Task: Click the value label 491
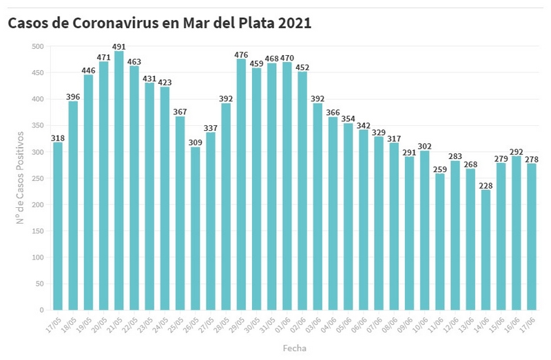tap(118, 47)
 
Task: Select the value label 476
tap(241, 54)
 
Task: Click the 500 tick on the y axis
tap(37, 47)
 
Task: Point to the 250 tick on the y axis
tap(37, 178)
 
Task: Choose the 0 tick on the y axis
tap(41, 310)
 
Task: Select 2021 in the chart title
tap(295, 23)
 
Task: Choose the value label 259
tap(439, 169)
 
